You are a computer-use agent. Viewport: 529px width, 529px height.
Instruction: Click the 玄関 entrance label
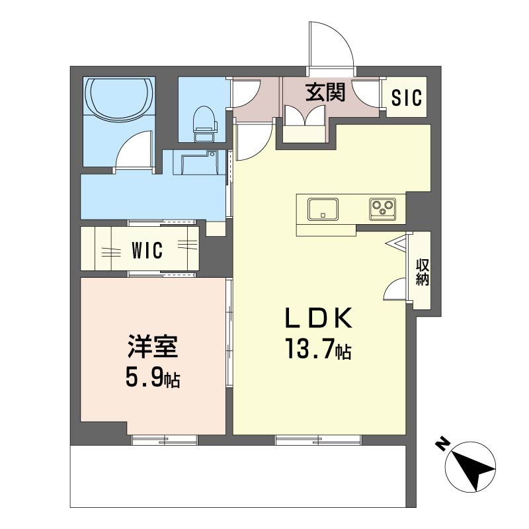click(325, 92)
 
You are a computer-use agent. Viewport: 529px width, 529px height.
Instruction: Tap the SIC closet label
click(407, 97)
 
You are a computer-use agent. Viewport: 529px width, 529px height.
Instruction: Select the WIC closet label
click(147, 250)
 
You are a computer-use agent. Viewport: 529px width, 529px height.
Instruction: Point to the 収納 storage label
click(422, 272)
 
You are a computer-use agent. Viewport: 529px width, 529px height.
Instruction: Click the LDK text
click(319, 318)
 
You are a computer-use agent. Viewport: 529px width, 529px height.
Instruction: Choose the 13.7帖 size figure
click(319, 348)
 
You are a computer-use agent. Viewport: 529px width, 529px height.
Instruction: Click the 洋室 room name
click(153, 346)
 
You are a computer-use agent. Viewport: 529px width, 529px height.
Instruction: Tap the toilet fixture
click(204, 124)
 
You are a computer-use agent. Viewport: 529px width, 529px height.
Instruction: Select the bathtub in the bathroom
click(120, 98)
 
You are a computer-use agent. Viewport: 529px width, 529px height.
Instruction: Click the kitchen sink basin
click(323, 209)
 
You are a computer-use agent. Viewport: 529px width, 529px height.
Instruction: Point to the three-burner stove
click(382, 209)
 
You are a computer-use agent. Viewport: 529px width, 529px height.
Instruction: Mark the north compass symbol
click(470, 467)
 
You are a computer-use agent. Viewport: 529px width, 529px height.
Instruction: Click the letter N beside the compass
click(442, 444)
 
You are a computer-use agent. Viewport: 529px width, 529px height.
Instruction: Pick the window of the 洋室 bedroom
click(164, 440)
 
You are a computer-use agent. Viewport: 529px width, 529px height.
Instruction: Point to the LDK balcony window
click(318, 440)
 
